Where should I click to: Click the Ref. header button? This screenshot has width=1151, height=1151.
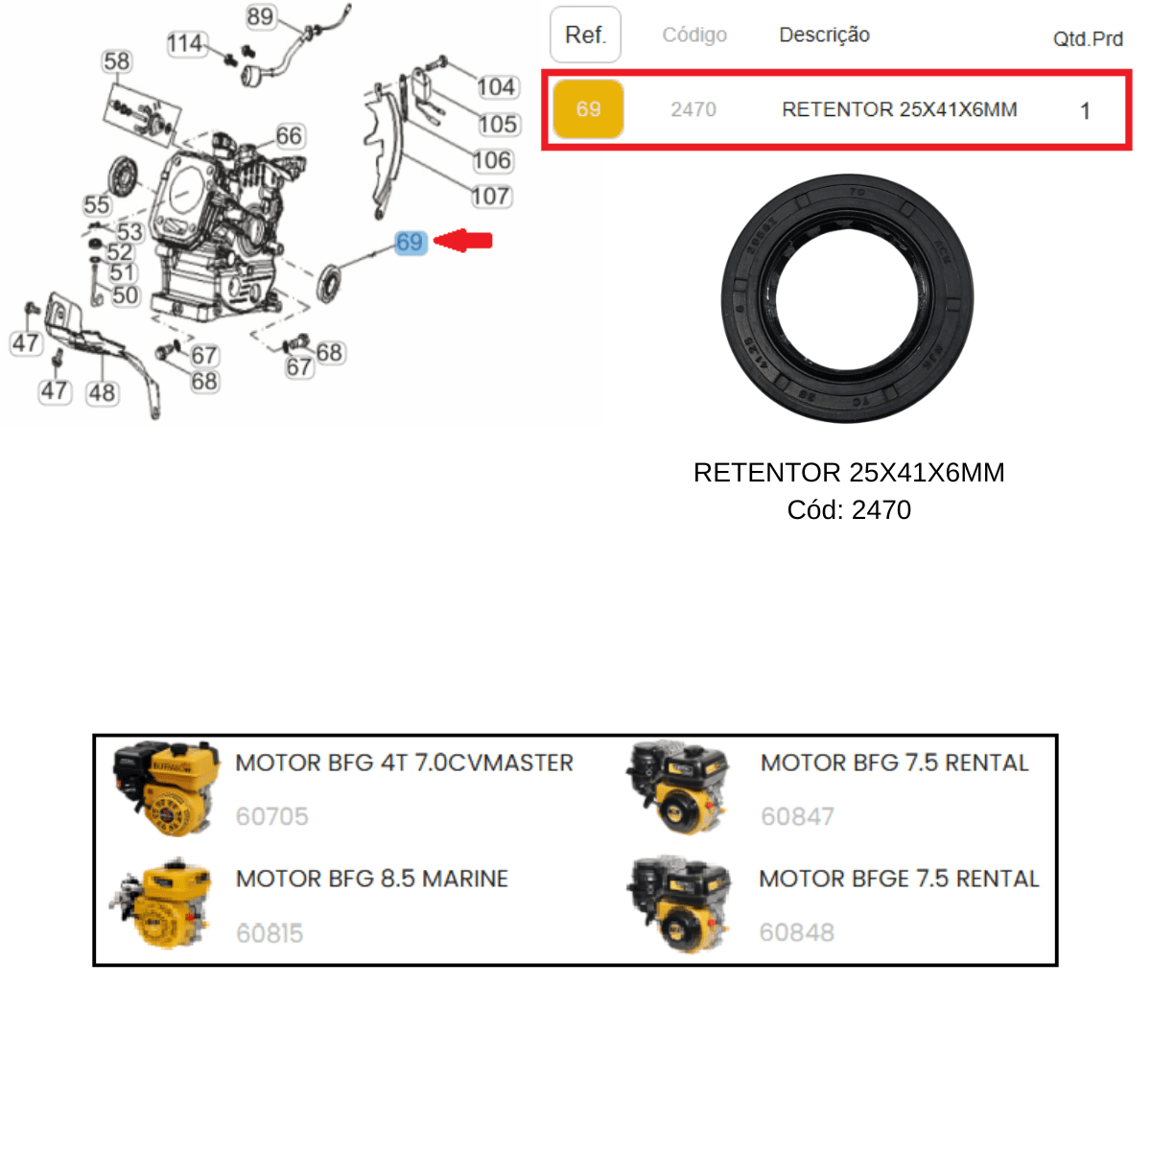[585, 35]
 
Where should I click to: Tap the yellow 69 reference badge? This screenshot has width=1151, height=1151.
[588, 109]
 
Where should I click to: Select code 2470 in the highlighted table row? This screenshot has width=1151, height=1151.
[693, 110]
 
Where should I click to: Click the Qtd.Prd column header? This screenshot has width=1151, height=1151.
[1087, 39]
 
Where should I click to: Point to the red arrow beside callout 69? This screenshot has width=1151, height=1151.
[462, 241]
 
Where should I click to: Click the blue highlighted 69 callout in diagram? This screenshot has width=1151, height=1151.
[411, 243]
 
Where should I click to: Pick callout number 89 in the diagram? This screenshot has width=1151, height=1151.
[261, 16]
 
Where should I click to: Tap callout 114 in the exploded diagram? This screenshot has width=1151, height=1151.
[186, 43]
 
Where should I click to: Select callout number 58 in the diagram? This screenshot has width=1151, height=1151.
[116, 61]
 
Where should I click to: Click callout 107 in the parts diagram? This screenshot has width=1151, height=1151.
[491, 196]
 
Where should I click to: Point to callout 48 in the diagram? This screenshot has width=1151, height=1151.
[102, 393]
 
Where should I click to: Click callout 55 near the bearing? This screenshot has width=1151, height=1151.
[96, 205]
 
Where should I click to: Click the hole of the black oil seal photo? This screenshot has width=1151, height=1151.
[846, 298]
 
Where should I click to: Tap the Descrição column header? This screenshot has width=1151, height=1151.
[824, 35]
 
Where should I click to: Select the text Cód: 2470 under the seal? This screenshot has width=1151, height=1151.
[849, 509]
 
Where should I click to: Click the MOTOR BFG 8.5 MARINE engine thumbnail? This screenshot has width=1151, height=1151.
[161, 904]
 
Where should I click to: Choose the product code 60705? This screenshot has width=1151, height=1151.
[271, 816]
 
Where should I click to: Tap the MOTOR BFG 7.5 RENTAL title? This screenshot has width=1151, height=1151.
[894, 763]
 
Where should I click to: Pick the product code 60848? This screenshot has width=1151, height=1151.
[796, 931]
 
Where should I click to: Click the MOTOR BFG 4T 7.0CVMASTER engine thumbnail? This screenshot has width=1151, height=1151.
[166, 788]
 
